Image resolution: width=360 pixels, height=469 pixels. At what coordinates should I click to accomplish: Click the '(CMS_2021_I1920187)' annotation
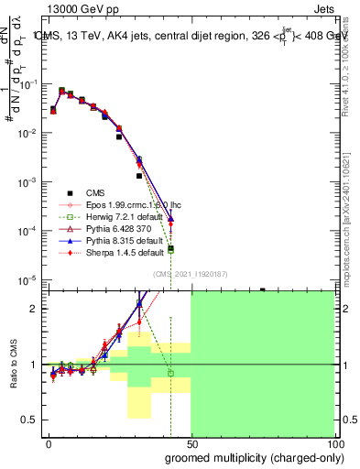(x=190, y=272)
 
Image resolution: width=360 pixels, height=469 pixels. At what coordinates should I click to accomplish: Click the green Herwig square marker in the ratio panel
(x=170, y=373)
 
